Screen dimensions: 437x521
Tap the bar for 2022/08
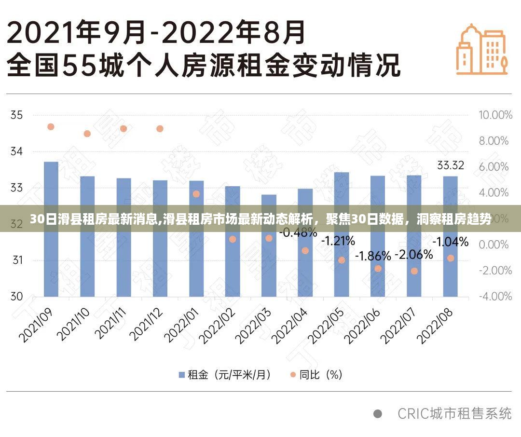pyautogui.click(x=450, y=236)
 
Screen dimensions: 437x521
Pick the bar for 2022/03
pyautogui.click(x=269, y=246)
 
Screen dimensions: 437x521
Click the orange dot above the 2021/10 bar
pyautogui.click(x=87, y=134)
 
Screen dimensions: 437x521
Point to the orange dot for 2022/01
pyautogui.click(x=196, y=194)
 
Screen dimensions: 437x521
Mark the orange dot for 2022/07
pyautogui.click(x=414, y=271)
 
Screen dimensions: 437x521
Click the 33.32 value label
pyautogui.click(x=451, y=165)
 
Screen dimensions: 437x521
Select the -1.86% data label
pyautogui.click(x=373, y=256)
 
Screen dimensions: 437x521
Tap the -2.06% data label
pyautogui.click(x=413, y=255)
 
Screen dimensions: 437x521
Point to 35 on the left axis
pyautogui.click(x=16, y=115)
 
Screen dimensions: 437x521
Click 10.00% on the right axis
pyautogui.click(x=494, y=115)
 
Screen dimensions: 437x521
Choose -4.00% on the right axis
pyautogui.click(x=494, y=296)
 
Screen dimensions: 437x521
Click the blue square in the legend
pyautogui.click(x=182, y=375)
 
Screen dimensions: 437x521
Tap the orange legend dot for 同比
pyautogui.click(x=292, y=375)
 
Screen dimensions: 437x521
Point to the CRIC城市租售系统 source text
pyautogui.click(x=454, y=413)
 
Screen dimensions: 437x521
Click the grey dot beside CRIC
pyautogui.click(x=378, y=414)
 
